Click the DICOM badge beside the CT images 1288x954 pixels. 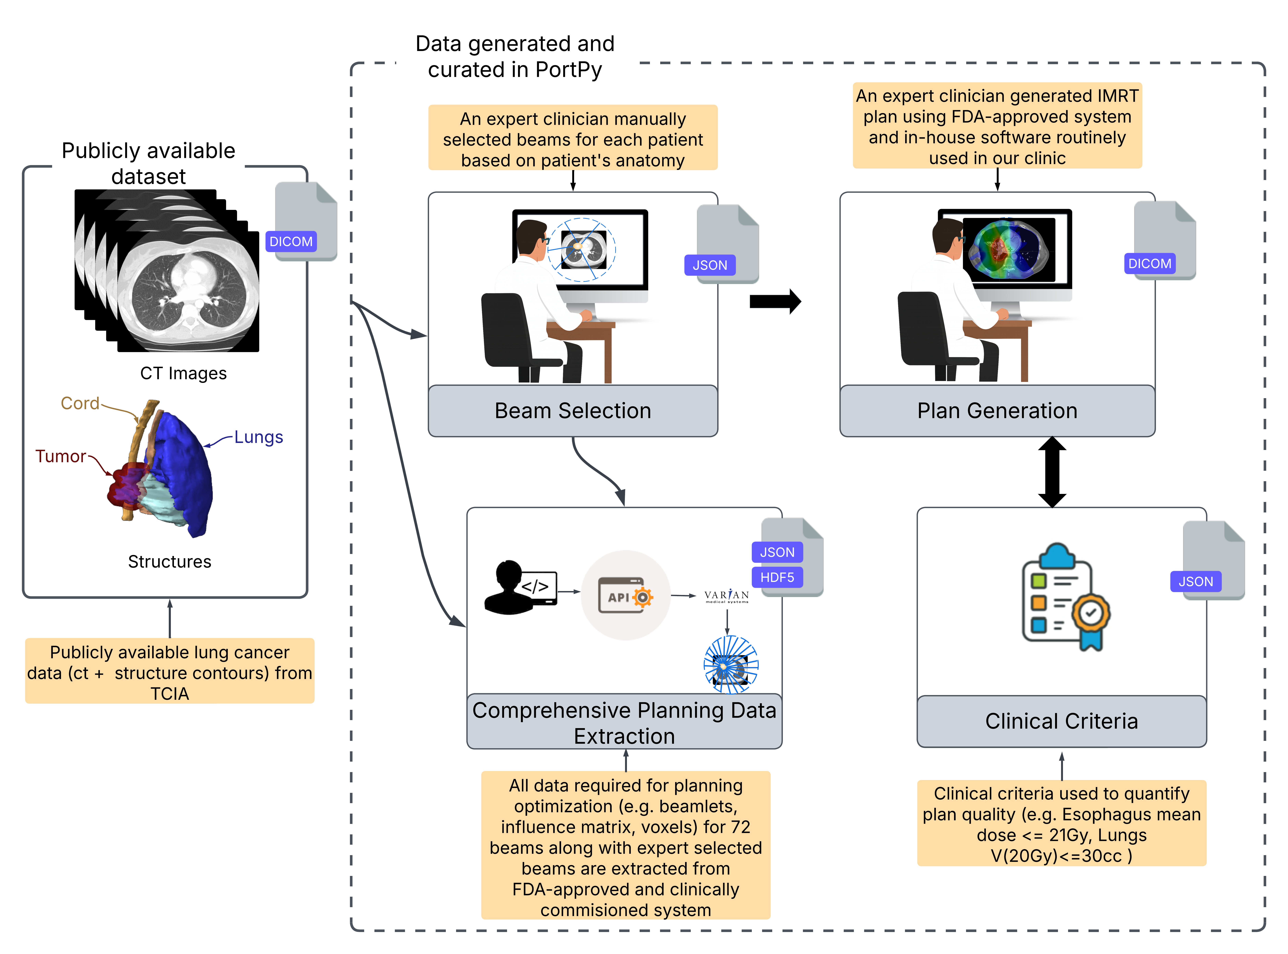(291, 241)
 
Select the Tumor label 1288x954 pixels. (61, 456)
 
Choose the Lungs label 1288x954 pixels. (258, 437)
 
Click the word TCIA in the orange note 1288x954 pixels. (170, 693)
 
